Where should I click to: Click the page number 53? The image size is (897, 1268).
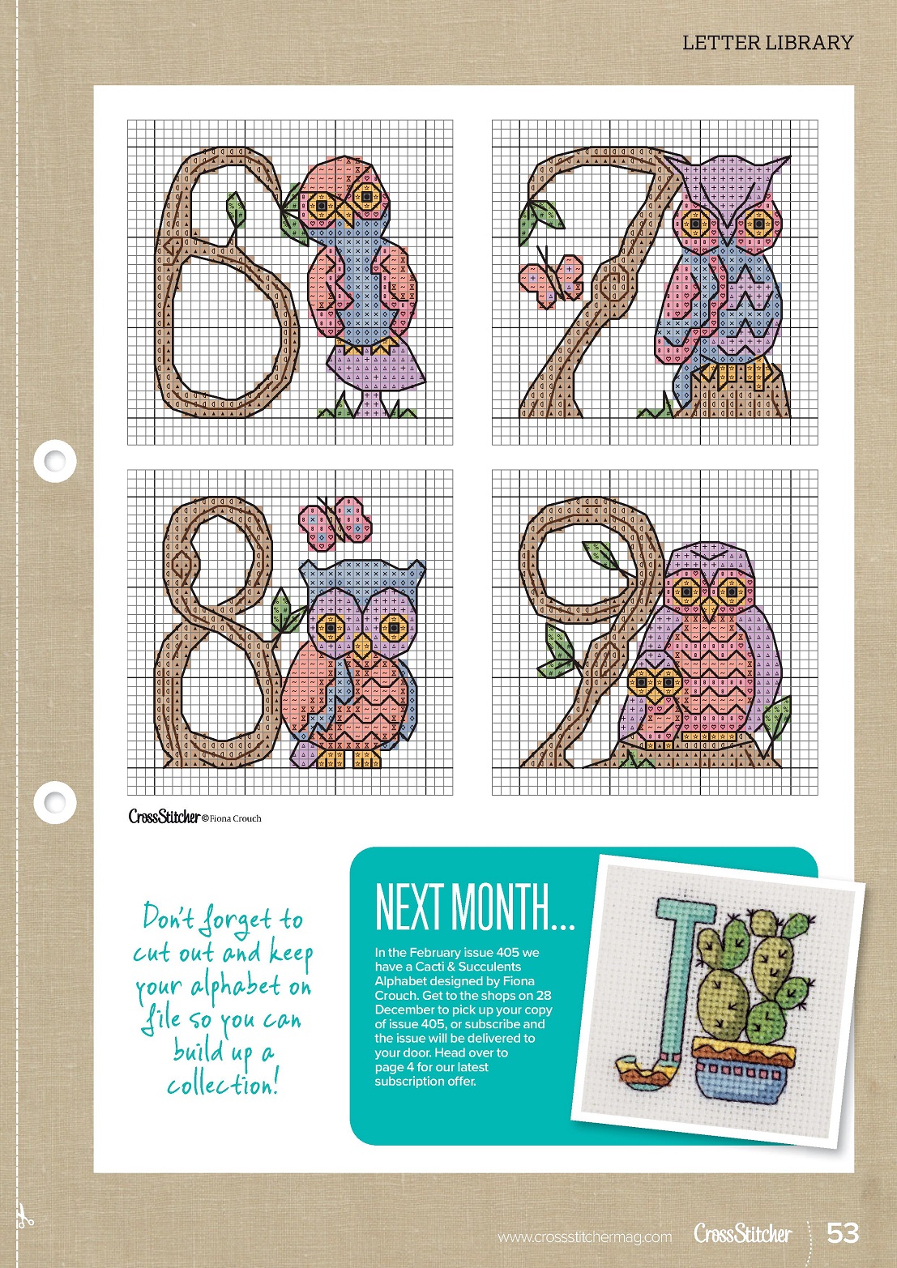843,1232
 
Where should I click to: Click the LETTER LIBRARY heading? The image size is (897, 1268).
767,43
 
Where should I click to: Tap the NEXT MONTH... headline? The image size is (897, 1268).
475,907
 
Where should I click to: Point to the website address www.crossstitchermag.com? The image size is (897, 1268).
584,1237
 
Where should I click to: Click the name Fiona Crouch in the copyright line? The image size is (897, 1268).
235,818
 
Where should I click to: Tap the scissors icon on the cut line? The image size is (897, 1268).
23,1216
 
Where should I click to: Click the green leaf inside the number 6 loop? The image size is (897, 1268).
237,210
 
